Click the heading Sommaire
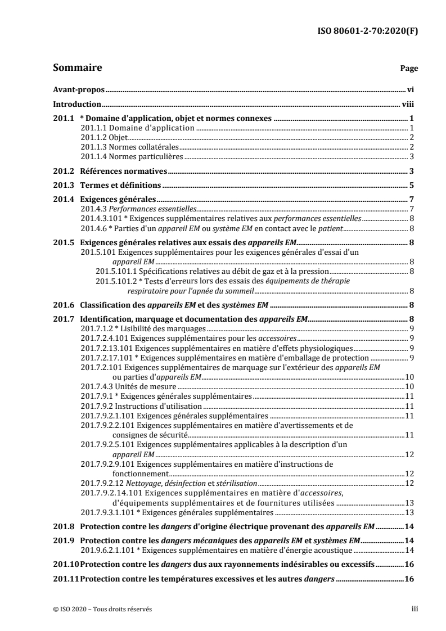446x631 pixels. pos(77,68)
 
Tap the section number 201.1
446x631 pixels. pos(62,119)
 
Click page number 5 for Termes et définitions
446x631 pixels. pos(412,186)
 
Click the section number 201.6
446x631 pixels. pos(62,305)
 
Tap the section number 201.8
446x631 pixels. pos(62,527)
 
